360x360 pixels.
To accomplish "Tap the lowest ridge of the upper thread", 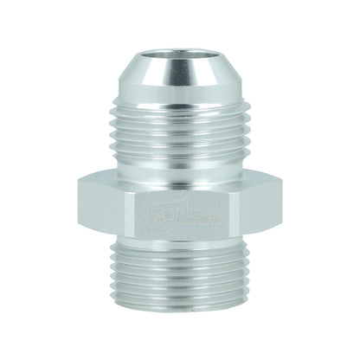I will [x=179, y=166].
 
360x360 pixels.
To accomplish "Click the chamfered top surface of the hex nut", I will [x=179, y=178].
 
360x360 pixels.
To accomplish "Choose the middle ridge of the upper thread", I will [x=179, y=138].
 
